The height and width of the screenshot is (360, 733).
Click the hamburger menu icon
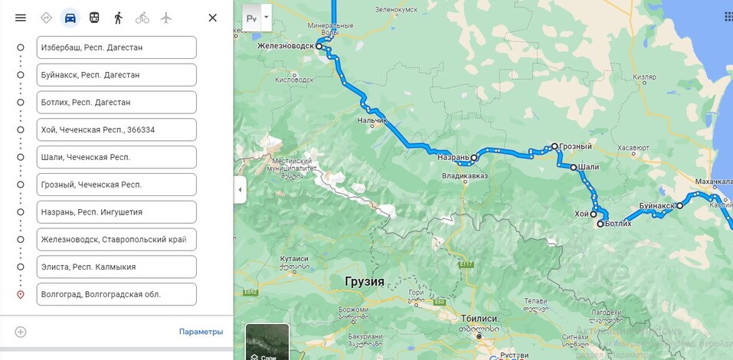pos(21,18)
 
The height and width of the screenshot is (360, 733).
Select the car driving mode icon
pos(70,18)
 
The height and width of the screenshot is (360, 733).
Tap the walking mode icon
pos(118,18)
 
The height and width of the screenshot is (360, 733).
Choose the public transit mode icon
pos(93,18)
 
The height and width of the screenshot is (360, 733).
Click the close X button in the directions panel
pos(213,18)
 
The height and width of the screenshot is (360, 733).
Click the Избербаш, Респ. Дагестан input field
pos(116,47)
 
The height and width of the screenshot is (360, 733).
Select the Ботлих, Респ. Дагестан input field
pos(116,103)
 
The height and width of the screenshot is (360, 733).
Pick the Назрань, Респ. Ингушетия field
pos(116,212)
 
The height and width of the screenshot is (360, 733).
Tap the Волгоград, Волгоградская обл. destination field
pos(116,294)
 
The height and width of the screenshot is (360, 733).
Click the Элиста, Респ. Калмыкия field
pos(116,267)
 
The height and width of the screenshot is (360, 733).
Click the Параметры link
pos(201,332)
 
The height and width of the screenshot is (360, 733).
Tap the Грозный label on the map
pos(576,146)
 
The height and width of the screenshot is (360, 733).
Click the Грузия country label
pos(365,281)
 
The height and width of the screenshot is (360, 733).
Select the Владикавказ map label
pos(465,176)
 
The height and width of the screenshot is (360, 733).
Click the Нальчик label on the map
pos(372,121)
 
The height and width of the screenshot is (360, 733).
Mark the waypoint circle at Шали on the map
pos(572,166)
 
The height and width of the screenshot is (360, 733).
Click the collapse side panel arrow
pos(240,189)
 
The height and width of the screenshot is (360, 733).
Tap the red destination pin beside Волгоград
pos(21,295)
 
